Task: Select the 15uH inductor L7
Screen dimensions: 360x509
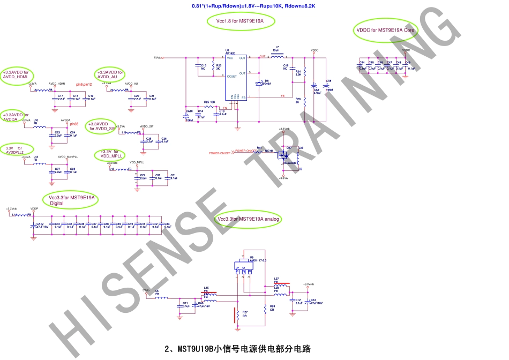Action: click(277, 56)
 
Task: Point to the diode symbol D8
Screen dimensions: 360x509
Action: click(260, 83)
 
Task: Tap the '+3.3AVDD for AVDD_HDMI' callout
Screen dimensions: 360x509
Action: click(16, 74)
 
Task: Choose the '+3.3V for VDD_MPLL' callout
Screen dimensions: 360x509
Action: click(110, 154)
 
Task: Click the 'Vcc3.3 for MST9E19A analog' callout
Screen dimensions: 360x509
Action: click(249, 219)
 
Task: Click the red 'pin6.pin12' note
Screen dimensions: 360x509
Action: click(84, 84)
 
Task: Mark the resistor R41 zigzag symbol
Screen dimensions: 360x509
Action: click(259, 151)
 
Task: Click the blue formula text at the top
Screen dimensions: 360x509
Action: click(253, 6)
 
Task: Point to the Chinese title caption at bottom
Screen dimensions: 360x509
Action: click(237, 349)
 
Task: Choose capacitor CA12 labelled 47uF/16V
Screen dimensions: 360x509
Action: click(33, 225)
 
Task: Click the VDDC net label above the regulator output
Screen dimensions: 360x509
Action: click(315, 51)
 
